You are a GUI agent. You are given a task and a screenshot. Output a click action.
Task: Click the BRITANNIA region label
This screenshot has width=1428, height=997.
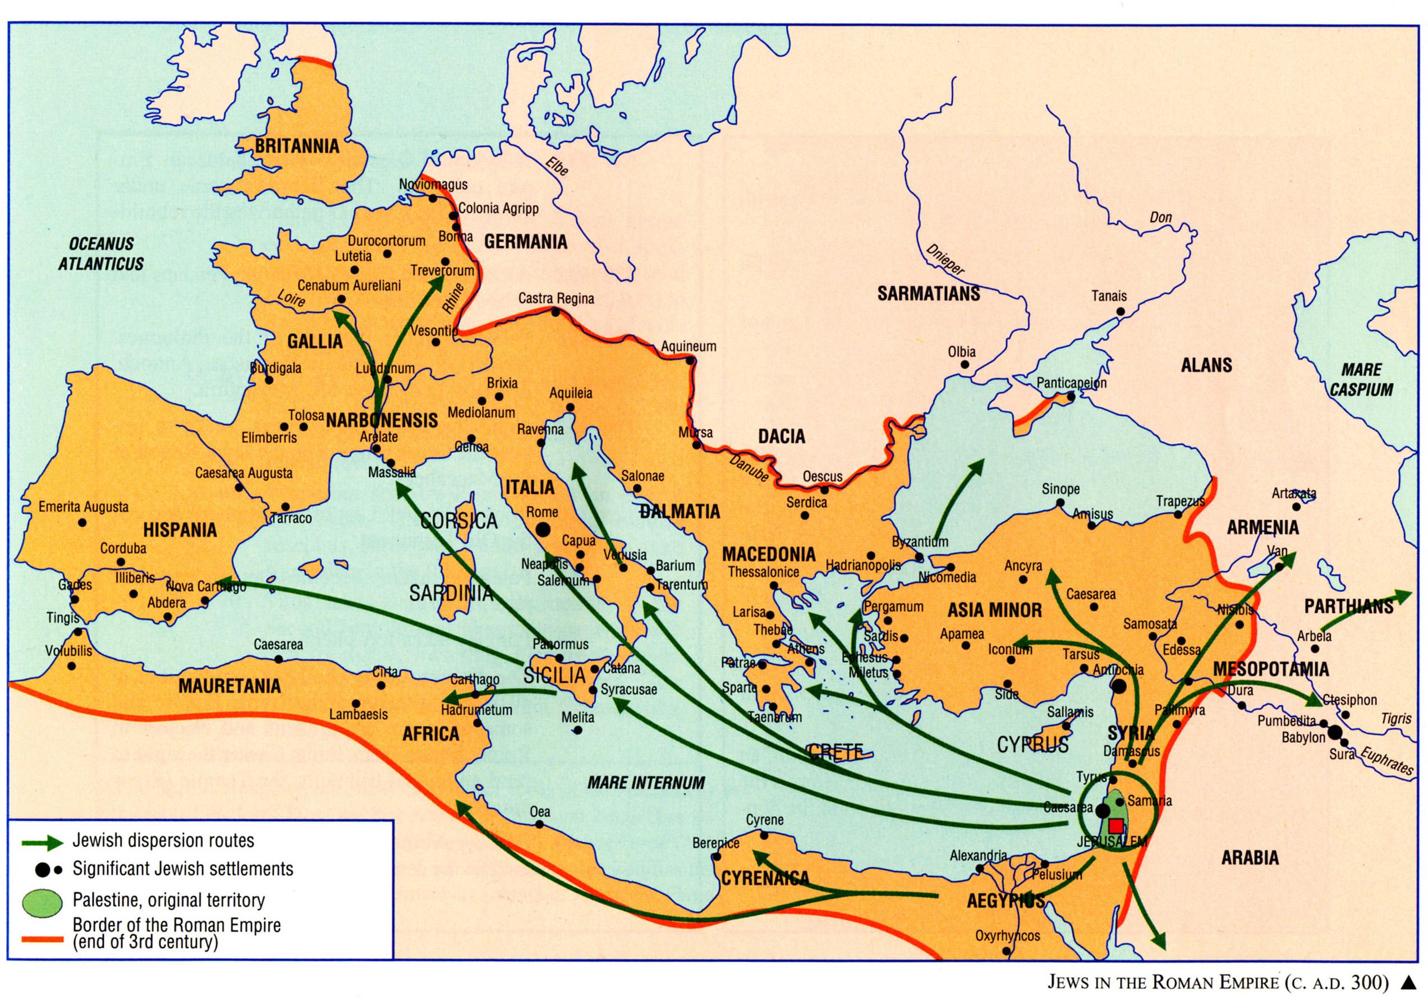point(297,146)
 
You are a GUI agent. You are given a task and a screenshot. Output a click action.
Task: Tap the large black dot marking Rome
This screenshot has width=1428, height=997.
point(543,529)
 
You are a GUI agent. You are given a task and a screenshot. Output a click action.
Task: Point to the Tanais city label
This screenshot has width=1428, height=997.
point(1109,297)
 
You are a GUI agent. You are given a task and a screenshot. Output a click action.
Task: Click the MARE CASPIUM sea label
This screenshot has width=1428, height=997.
point(1361,380)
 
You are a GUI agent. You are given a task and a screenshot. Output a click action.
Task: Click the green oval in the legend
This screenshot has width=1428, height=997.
point(42,901)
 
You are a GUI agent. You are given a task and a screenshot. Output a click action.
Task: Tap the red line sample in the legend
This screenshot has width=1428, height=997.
point(42,940)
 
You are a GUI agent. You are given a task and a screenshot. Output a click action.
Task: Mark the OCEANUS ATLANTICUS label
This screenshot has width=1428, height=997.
point(102,253)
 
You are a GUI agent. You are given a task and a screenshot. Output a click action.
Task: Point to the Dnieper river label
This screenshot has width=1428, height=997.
point(945,259)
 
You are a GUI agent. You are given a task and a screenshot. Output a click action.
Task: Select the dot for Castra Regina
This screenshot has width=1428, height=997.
point(556,311)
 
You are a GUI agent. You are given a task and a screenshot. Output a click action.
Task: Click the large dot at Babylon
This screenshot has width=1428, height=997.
point(1335,733)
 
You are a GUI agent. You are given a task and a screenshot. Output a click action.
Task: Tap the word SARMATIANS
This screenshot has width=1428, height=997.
point(929,293)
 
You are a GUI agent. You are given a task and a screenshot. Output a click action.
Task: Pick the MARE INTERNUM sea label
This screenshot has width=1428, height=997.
point(646,783)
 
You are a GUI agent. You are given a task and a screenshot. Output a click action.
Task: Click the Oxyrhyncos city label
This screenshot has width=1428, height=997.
point(1007,935)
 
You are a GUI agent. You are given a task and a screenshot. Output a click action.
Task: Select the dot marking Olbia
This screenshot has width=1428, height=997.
point(965,365)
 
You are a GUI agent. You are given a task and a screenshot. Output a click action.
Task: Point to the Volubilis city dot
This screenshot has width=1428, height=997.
point(71,666)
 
